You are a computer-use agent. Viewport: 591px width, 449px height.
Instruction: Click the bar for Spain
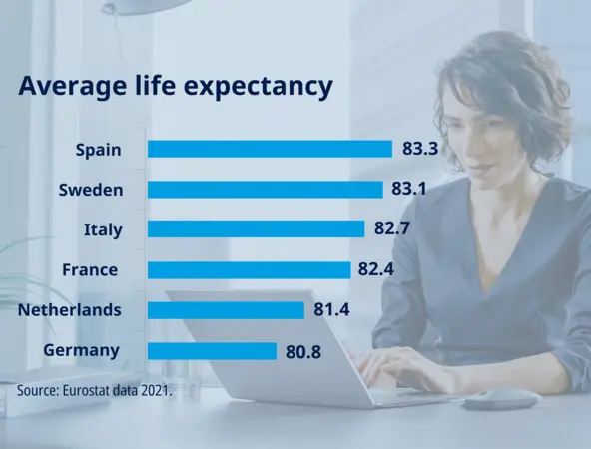pos(270,149)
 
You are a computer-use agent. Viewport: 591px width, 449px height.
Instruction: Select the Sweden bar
pos(265,190)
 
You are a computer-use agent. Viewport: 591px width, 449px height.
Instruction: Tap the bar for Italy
pos(256,229)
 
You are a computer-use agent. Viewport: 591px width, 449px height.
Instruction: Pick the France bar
pos(249,269)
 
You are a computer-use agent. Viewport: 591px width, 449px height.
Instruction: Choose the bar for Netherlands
pos(226,310)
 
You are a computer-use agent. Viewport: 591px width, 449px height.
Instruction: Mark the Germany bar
pos(212,350)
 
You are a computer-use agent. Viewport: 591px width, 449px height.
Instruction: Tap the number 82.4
pos(380,269)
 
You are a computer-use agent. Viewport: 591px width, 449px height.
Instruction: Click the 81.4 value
pos(333,310)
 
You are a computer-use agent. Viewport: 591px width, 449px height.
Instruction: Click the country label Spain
pos(98,150)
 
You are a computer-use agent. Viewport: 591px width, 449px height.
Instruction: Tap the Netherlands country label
pos(70,310)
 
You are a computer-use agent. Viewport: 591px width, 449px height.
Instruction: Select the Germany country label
pos(82,350)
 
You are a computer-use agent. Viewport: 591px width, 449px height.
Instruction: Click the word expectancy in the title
pos(259,88)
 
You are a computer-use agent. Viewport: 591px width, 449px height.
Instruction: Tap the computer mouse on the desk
pos(501,399)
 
